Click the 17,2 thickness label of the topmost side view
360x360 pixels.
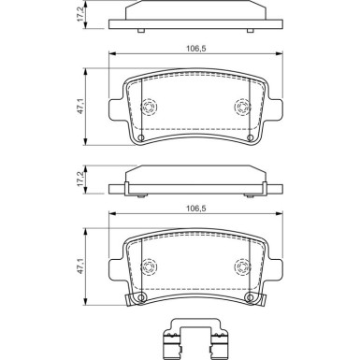tap(80, 14)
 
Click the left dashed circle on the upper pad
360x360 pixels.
tap(146, 108)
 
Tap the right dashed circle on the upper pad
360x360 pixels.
tap(242, 108)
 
